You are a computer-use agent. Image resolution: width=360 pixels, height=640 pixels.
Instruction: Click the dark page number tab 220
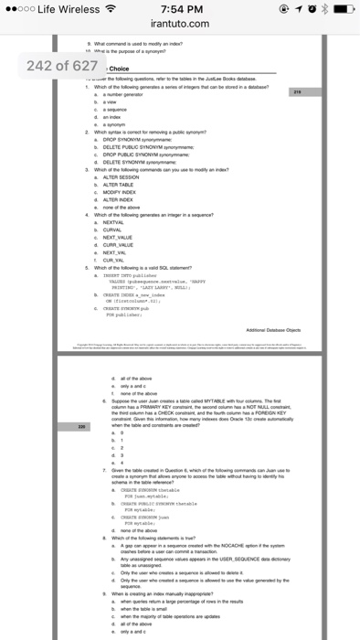pyautogui.click(x=80, y=427)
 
